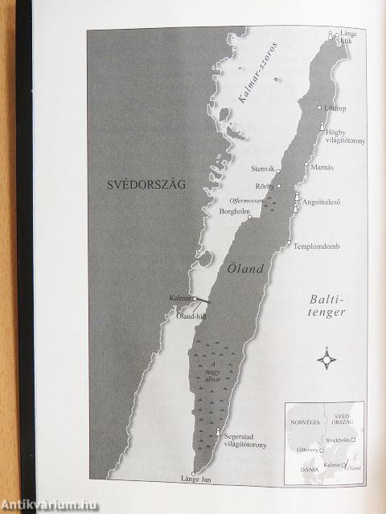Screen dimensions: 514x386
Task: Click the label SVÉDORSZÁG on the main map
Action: (x=146, y=184)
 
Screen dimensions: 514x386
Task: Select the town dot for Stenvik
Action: (x=277, y=170)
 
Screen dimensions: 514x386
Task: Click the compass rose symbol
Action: (x=326, y=358)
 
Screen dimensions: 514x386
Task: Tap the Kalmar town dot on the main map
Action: (x=195, y=298)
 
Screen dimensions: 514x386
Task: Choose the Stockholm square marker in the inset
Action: (x=352, y=440)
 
